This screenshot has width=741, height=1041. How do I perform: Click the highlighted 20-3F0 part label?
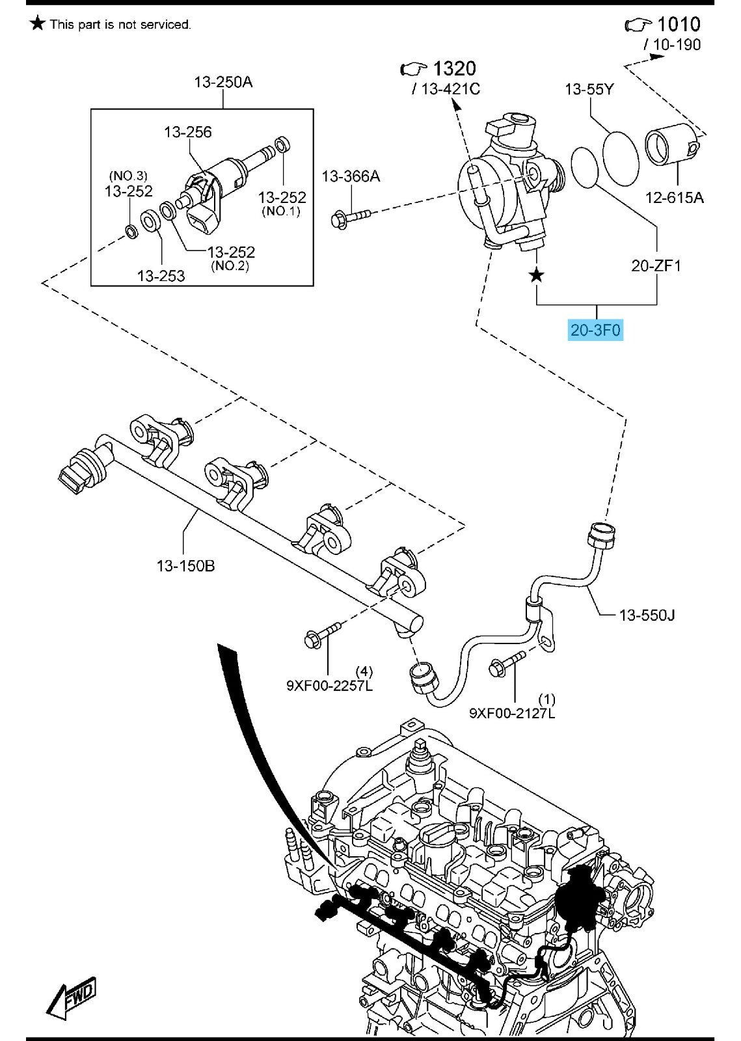click(x=596, y=330)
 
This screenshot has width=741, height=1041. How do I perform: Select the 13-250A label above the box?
click(x=223, y=82)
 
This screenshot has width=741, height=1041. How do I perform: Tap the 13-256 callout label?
click(x=187, y=132)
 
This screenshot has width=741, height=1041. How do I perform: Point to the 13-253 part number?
click(x=161, y=275)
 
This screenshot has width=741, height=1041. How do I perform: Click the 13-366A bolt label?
click(x=351, y=176)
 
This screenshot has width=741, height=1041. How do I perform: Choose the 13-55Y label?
click(x=589, y=88)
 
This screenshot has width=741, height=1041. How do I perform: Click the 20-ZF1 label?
click(x=656, y=265)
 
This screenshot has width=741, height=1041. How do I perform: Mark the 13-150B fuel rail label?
click(x=185, y=565)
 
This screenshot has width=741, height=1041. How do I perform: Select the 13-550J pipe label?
click(x=647, y=614)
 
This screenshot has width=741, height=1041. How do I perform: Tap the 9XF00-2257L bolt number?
click(x=329, y=685)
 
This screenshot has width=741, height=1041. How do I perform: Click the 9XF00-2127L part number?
click(x=513, y=713)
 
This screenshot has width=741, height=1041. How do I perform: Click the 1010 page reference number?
click(x=679, y=24)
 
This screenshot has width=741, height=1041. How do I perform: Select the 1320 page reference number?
click(x=454, y=68)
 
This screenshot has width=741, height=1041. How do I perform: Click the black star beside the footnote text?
click(x=38, y=24)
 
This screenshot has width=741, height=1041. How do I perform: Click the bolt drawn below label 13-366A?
click(x=349, y=217)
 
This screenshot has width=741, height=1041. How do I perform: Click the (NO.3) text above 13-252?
click(x=128, y=176)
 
